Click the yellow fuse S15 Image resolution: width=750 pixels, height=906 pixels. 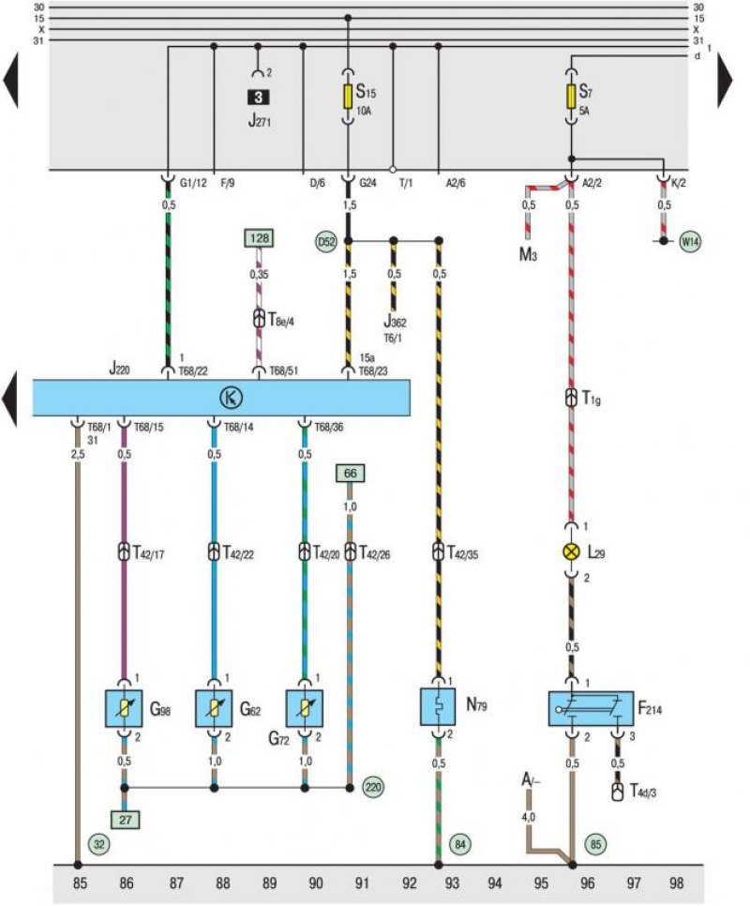(x=348, y=97)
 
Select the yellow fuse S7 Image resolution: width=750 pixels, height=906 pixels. (x=571, y=97)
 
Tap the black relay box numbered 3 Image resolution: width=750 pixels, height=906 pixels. (x=258, y=98)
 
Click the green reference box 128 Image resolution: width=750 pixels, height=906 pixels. (x=260, y=238)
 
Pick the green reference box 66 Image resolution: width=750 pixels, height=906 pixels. (x=350, y=474)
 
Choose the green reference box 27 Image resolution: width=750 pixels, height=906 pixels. (x=125, y=820)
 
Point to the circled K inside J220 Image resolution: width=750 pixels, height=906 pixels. (x=231, y=398)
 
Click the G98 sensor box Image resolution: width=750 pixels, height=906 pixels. (x=124, y=708)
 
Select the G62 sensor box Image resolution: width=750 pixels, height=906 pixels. (x=214, y=708)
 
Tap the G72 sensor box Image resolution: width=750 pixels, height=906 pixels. (x=305, y=708)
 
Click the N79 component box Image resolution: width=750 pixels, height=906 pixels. (x=438, y=706)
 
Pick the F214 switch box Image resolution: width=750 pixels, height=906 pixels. (x=591, y=708)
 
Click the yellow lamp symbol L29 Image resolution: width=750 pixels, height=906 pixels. (x=571, y=551)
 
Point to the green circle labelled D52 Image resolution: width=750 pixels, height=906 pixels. (x=326, y=242)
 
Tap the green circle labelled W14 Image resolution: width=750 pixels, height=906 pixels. (x=690, y=241)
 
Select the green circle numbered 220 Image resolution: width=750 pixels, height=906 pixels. (x=373, y=787)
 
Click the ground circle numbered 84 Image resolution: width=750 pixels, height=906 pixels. (x=459, y=845)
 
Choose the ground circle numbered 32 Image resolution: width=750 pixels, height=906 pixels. (x=99, y=845)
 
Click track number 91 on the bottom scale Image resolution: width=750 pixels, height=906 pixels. (x=362, y=883)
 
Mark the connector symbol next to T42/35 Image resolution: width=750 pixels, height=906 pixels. (x=438, y=551)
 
